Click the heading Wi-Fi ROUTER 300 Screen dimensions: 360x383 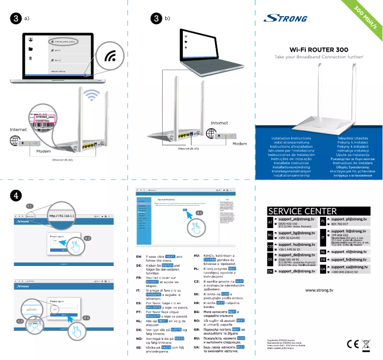(319, 49)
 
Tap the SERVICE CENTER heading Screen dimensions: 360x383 (302, 211)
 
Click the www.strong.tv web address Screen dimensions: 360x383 (319, 290)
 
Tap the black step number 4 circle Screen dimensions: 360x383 (16, 195)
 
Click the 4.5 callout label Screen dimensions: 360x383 (200, 212)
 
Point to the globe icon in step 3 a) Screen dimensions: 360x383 (15, 141)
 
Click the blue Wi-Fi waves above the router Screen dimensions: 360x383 (91, 95)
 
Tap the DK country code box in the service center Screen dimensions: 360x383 (270, 271)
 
